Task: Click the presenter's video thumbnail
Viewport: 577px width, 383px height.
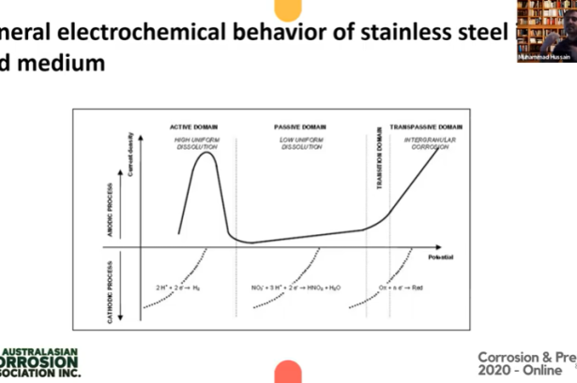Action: (548, 32)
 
